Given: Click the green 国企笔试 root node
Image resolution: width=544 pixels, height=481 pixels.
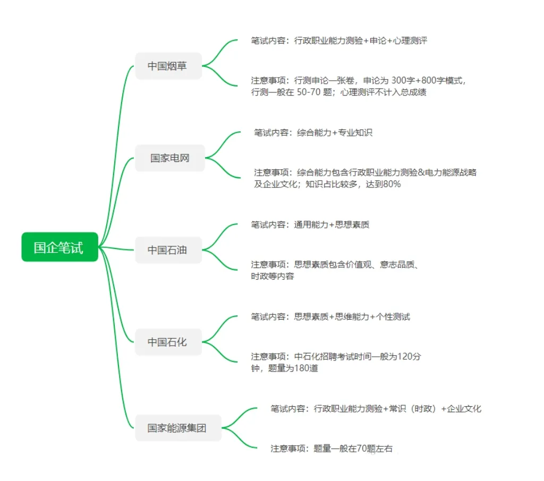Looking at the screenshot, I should coord(59,247).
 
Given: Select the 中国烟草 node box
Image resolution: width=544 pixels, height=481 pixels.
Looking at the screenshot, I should coord(168,66).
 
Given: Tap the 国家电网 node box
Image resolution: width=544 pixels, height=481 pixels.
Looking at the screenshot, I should coord(169,158).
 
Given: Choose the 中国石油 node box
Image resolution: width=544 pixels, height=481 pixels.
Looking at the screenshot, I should coord(168,250).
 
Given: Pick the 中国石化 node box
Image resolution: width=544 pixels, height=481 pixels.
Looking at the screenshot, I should coord(168,342).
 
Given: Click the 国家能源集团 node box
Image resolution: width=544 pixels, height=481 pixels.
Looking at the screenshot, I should coord(177,428).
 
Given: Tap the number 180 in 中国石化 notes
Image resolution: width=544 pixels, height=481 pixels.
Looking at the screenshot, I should coord(302,368).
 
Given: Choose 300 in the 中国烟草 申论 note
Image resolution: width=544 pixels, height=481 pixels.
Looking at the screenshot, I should coord(400,80).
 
